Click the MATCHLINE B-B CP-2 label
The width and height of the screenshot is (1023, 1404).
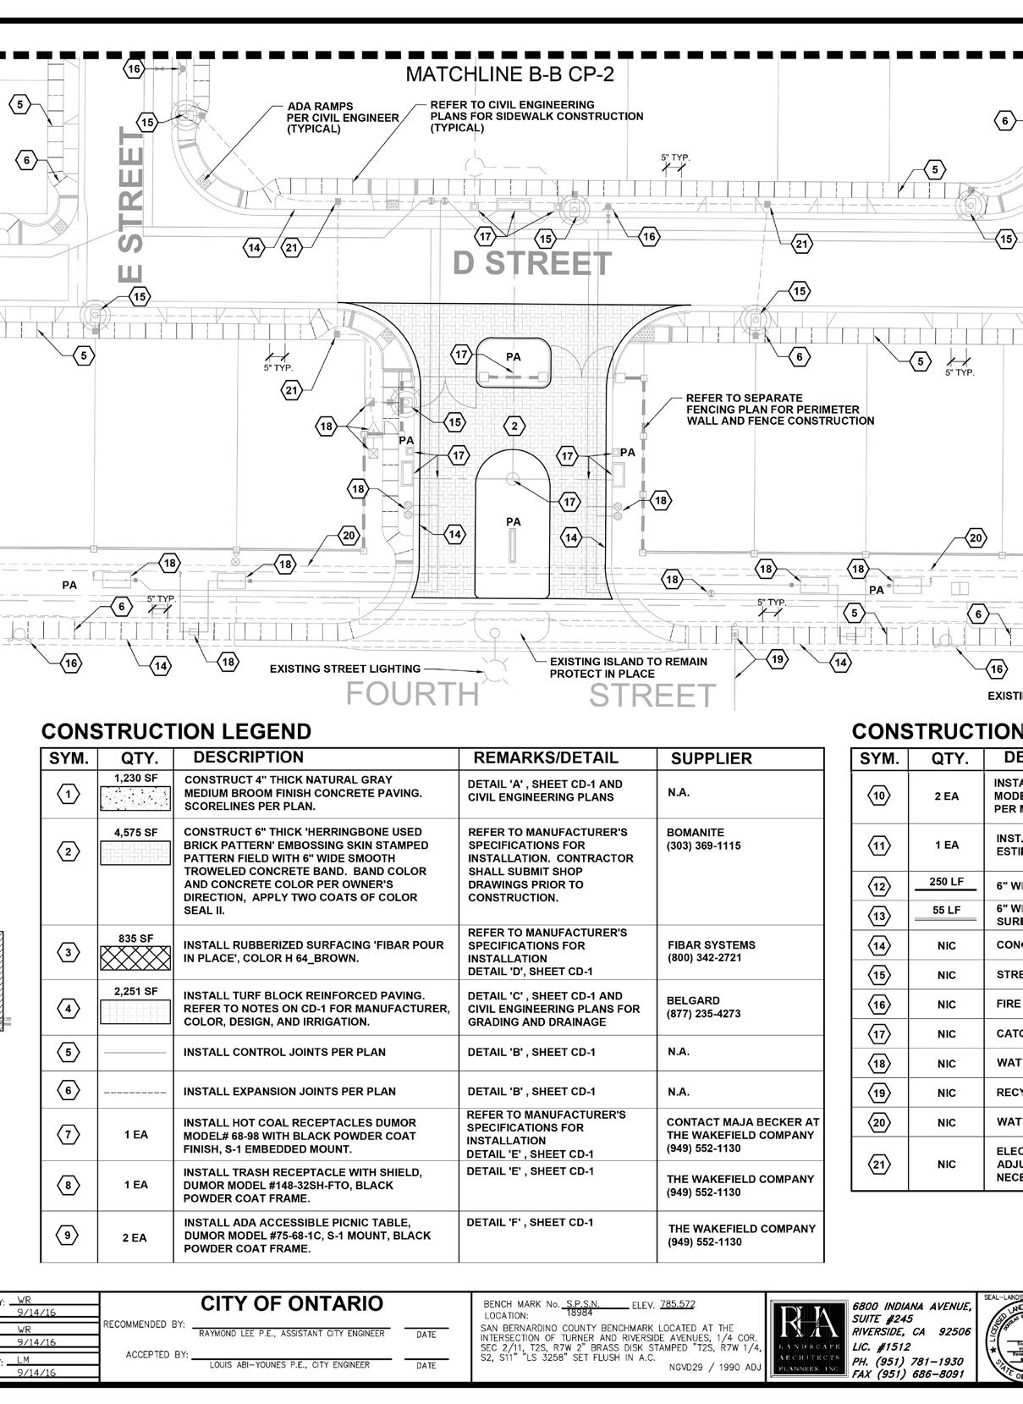point(509,74)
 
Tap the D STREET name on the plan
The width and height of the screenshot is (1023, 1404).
point(531,264)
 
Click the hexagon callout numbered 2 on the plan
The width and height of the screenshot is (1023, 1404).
point(514,425)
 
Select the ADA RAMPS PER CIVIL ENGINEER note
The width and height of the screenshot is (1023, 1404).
point(342,118)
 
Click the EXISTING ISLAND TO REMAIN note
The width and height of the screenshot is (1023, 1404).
point(628,668)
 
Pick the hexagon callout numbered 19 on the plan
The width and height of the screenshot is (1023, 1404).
point(777,659)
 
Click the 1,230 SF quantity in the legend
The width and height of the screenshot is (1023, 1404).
point(135,778)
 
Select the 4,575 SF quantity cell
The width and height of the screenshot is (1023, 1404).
point(135,833)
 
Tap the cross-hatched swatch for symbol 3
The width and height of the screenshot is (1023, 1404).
point(135,958)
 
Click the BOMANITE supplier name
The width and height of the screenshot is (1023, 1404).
point(695,833)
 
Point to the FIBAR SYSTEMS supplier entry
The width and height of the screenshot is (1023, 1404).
point(712,945)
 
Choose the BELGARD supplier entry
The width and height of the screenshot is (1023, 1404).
point(693,1000)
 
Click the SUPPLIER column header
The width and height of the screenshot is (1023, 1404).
point(711,758)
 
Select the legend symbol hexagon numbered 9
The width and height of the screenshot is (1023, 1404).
point(69,1236)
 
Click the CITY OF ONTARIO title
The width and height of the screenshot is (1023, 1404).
point(292,1303)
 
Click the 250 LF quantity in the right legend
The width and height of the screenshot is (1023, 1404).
point(946,882)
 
